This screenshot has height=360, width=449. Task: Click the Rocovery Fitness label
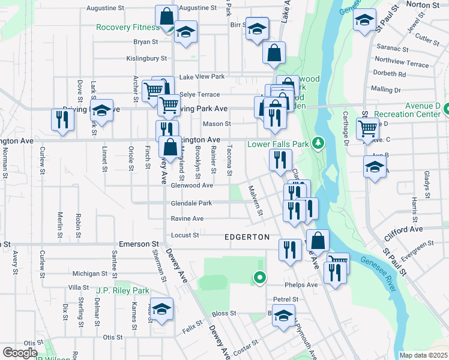pos(127,27)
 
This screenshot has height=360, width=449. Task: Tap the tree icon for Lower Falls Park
pos(318,143)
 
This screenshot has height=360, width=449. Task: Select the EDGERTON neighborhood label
pos(247,237)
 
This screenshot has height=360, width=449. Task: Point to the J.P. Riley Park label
pos(122,290)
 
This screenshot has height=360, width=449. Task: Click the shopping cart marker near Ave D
pos(367,128)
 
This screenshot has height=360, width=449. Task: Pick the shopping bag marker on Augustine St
pos(167,16)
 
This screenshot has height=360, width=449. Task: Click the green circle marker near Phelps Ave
pos(259,277)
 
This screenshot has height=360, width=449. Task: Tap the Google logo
pos(20,353)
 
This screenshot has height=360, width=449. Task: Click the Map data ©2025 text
pos(423,355)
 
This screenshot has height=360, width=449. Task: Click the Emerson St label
pos(137,244)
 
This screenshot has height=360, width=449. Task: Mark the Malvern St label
pos(256,201)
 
